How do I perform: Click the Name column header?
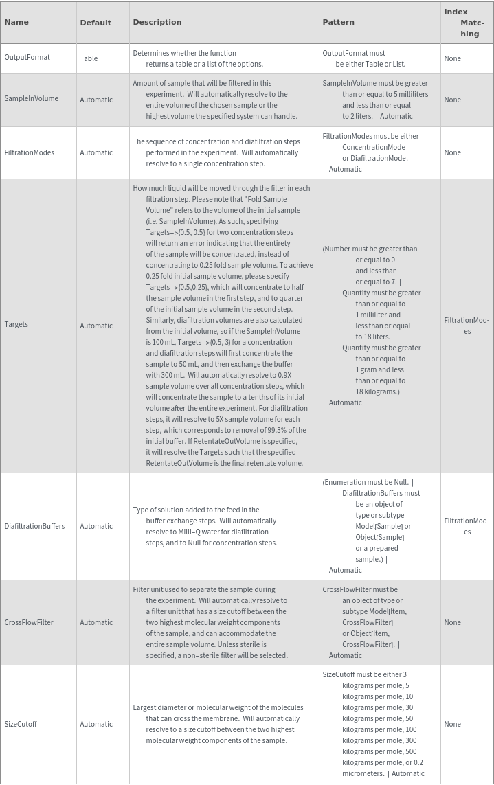16,22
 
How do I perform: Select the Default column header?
96,23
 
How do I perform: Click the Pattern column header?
339,22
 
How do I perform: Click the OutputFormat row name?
27,58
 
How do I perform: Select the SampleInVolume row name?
32,99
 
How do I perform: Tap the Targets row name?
16,324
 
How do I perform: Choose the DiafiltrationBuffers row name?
34,526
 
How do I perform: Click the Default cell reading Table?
89,59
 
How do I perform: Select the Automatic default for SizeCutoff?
96,724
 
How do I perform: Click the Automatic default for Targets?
96,326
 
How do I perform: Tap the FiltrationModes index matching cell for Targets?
467,326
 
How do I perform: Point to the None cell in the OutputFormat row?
452,59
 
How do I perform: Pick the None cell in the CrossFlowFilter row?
452,622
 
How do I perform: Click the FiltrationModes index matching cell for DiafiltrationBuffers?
467,526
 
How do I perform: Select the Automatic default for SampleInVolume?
96,100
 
